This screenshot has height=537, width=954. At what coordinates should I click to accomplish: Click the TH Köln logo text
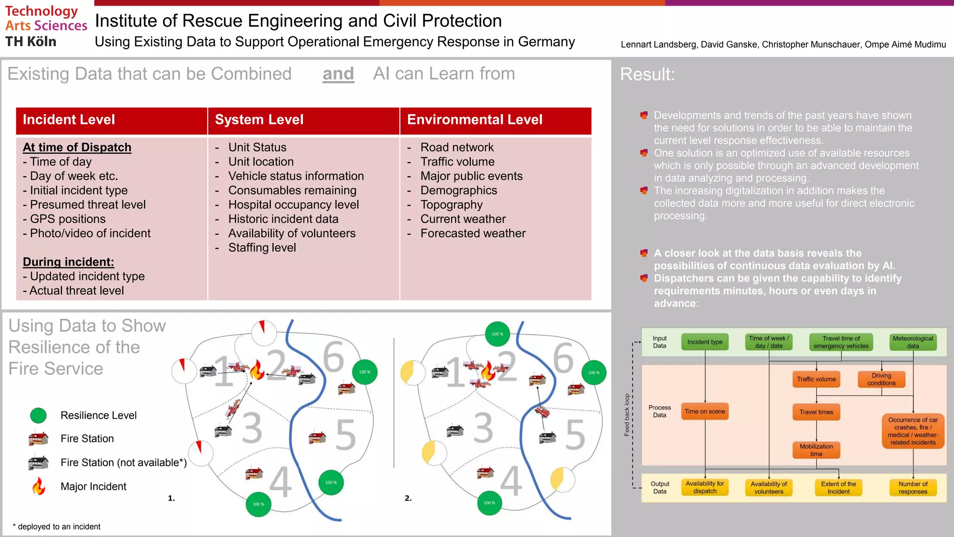[x=31, y=41]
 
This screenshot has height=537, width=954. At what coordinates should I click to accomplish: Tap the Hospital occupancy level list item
[x=293, y=205]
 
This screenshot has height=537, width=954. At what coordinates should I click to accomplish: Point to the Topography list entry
[x=451, y=205]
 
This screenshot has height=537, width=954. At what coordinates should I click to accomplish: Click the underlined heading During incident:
[x=68, y=262]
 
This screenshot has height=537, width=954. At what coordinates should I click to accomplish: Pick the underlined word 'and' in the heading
[x=338, y=74]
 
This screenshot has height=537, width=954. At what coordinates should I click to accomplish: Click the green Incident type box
[x=704, y=342]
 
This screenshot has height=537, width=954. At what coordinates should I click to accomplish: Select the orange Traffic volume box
[x=816, y=379]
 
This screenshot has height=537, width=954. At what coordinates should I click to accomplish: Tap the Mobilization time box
[x=816, y=450]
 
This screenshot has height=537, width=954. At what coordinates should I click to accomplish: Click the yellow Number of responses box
[x=913, y=488]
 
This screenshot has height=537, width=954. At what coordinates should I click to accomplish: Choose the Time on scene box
[x=704, y=412]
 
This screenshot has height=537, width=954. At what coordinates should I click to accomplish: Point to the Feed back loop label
[x=627, y=415]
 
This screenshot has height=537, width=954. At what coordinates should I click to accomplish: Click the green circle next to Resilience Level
[x=38, y=415]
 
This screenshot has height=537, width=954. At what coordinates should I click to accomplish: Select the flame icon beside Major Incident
[x=39, y=486]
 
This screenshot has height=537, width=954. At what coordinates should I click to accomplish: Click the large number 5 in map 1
[x=346, y=434]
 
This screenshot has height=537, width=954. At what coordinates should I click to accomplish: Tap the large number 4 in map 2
[x=511, y=481]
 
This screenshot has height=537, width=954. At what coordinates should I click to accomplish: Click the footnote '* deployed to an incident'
[x=57, y=527]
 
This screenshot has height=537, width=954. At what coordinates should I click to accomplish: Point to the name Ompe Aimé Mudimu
[x=905, y=45]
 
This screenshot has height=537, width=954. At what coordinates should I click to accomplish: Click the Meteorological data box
[x=913, y=342]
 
